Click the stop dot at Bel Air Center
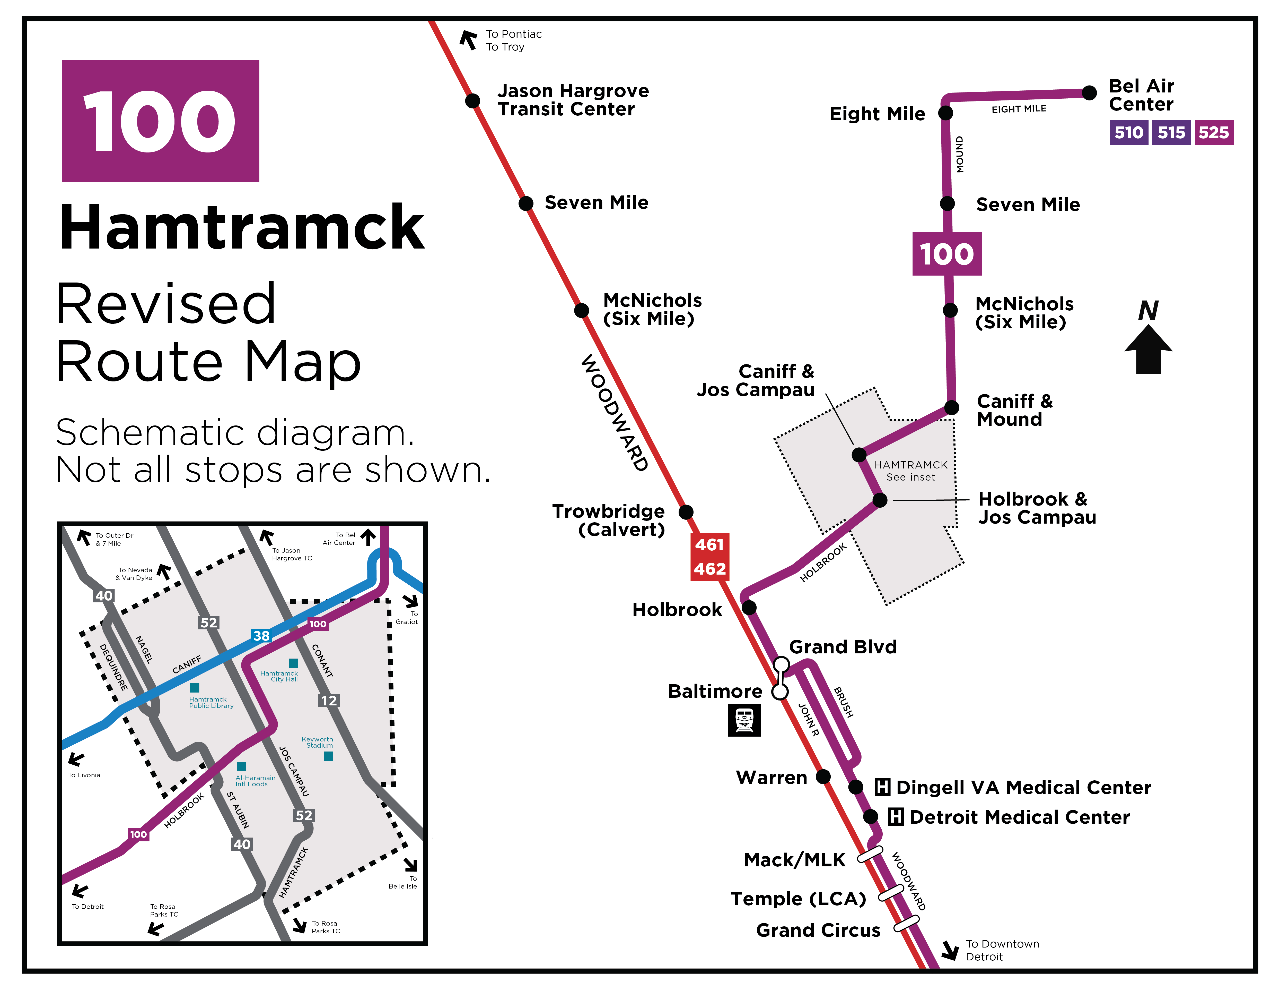(x=1089, y=93)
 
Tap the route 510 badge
(x=1128, y=133)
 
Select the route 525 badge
(x=1213, y=133)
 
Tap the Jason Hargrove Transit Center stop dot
(x=472, y=101)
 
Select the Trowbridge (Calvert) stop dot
(x=686, y=512)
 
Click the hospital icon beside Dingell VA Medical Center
(x=882, y=787)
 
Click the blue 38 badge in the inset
(x=261, y=636)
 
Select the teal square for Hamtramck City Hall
(x=293, y=663)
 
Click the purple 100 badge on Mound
(x=946, y=254)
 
